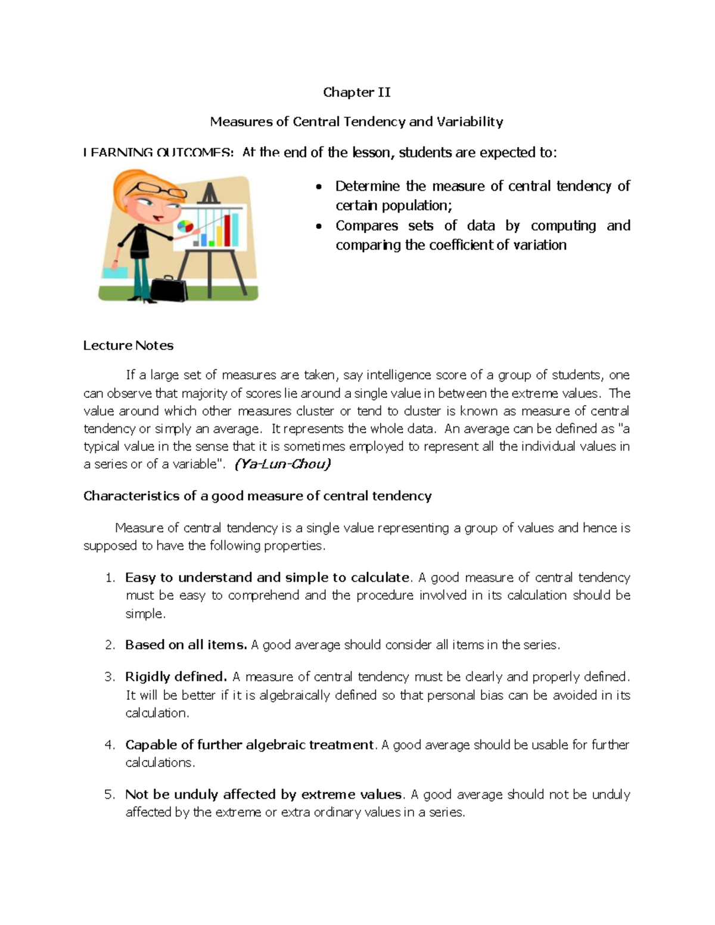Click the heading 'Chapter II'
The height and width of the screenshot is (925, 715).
point(356,92)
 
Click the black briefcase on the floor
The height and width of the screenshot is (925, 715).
point(169,289)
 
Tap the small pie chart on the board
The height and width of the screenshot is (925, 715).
point(185,226)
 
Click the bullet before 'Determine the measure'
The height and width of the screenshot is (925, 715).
point(319,187)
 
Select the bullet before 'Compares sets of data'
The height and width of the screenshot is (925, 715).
point(319,226)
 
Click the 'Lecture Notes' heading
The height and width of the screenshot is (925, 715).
point(128,345)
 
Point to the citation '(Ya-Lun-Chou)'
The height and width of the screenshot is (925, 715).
point(282,464)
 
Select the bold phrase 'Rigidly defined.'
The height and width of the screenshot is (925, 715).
point(176,677)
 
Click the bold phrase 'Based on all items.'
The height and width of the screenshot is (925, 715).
point(186,644)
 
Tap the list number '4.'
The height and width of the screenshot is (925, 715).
point(110,745)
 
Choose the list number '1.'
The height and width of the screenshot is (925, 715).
point(110,578)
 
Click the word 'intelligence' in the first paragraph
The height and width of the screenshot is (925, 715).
point(399,375)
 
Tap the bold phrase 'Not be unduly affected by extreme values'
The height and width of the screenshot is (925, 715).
point(263,795)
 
